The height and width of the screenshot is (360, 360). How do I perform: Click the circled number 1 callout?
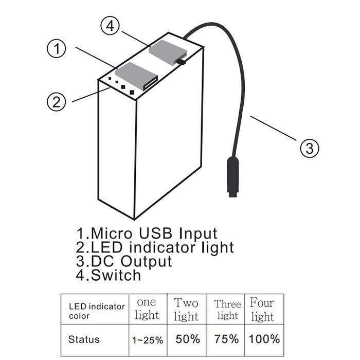point(56,49)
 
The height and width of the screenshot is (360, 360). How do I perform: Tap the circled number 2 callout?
point(56,102)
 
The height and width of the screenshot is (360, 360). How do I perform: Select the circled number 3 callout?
point(310,148)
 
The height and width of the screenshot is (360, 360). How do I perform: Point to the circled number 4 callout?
point(110,26)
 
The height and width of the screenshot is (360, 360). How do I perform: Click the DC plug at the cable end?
point(233,176)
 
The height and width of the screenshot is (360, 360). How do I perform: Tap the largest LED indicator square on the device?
point(132,92)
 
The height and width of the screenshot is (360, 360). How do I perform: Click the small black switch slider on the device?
point(181,62)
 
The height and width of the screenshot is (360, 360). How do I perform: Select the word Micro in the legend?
point(112,233)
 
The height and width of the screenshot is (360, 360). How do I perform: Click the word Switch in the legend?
point(116,275)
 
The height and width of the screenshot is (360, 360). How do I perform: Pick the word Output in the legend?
point(146,261)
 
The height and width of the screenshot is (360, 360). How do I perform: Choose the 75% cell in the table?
point(226,339)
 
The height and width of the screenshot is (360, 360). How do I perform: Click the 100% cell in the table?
point(264,339)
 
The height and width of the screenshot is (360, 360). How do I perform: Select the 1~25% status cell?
point(148,340)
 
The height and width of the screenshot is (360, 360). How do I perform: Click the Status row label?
point(84,339)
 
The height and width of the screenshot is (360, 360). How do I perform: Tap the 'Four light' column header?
point(262,310)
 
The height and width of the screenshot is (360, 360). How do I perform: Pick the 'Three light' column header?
point(227,310)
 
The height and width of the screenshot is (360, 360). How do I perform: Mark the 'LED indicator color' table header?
point(97,311)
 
